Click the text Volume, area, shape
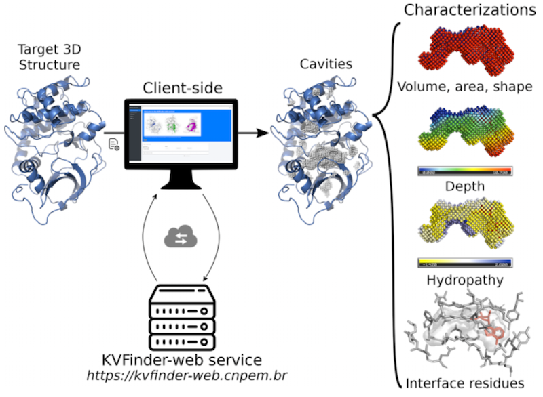click(x=464, y=87)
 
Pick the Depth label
click(x=464, y=186)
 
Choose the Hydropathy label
click(x=464, y=279)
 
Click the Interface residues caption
click(x=464, y=383)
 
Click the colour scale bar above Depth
click(x=464, y=171)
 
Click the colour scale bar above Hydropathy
click(x=464, y=264)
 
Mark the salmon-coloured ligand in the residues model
click(x=490, y=329)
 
